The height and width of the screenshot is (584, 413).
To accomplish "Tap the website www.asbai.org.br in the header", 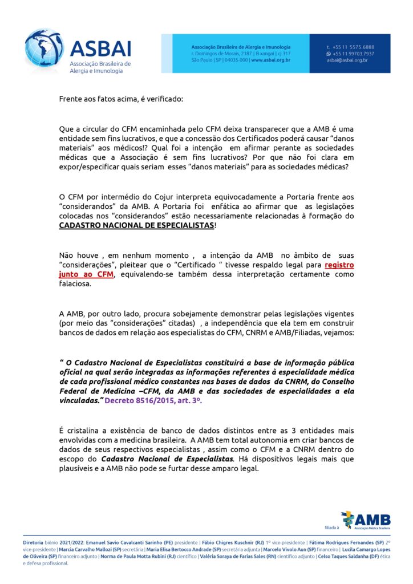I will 271,60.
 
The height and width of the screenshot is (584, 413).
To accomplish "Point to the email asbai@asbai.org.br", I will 347,60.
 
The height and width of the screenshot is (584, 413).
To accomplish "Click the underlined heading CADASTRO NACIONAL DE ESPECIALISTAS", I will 137,226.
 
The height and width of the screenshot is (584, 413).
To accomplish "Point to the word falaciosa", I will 75,284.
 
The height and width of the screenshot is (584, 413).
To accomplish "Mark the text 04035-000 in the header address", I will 236,60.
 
